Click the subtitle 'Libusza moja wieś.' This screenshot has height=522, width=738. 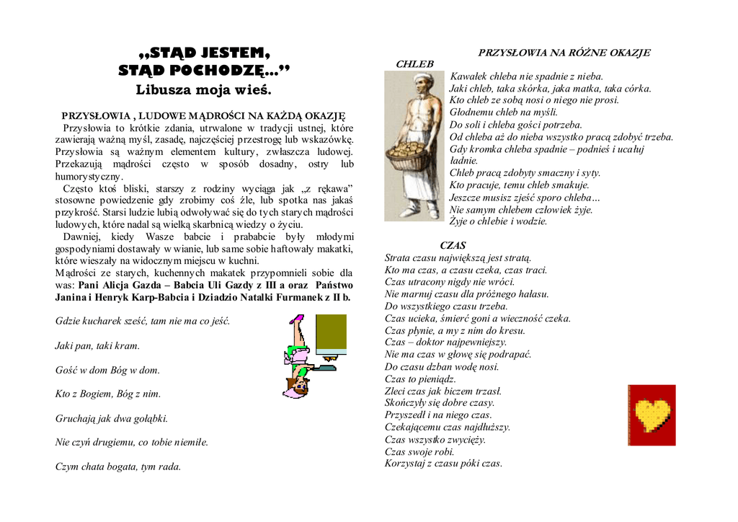(203, 90)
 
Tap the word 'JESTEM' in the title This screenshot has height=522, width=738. (235, 53)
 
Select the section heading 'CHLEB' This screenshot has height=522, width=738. (414, 64)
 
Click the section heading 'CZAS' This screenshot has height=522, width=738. (453, 245)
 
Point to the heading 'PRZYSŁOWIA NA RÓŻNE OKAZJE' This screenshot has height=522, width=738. (564, 53)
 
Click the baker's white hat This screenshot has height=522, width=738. (424, 76)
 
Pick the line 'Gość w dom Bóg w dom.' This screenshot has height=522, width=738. (107, 370)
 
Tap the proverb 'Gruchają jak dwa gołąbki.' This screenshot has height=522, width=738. (111, 418)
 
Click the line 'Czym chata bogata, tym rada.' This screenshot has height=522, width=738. (118, 466)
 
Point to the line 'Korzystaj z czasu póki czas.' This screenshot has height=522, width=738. (443, 464)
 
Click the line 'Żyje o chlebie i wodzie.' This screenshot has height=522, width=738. (498, 221)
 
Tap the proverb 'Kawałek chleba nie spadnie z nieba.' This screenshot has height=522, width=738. (526, 76)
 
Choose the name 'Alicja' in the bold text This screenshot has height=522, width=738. (115, 285)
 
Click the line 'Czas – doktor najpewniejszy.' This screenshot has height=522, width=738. (445, 342)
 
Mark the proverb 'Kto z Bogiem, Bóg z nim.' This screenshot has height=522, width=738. (108, 394)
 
